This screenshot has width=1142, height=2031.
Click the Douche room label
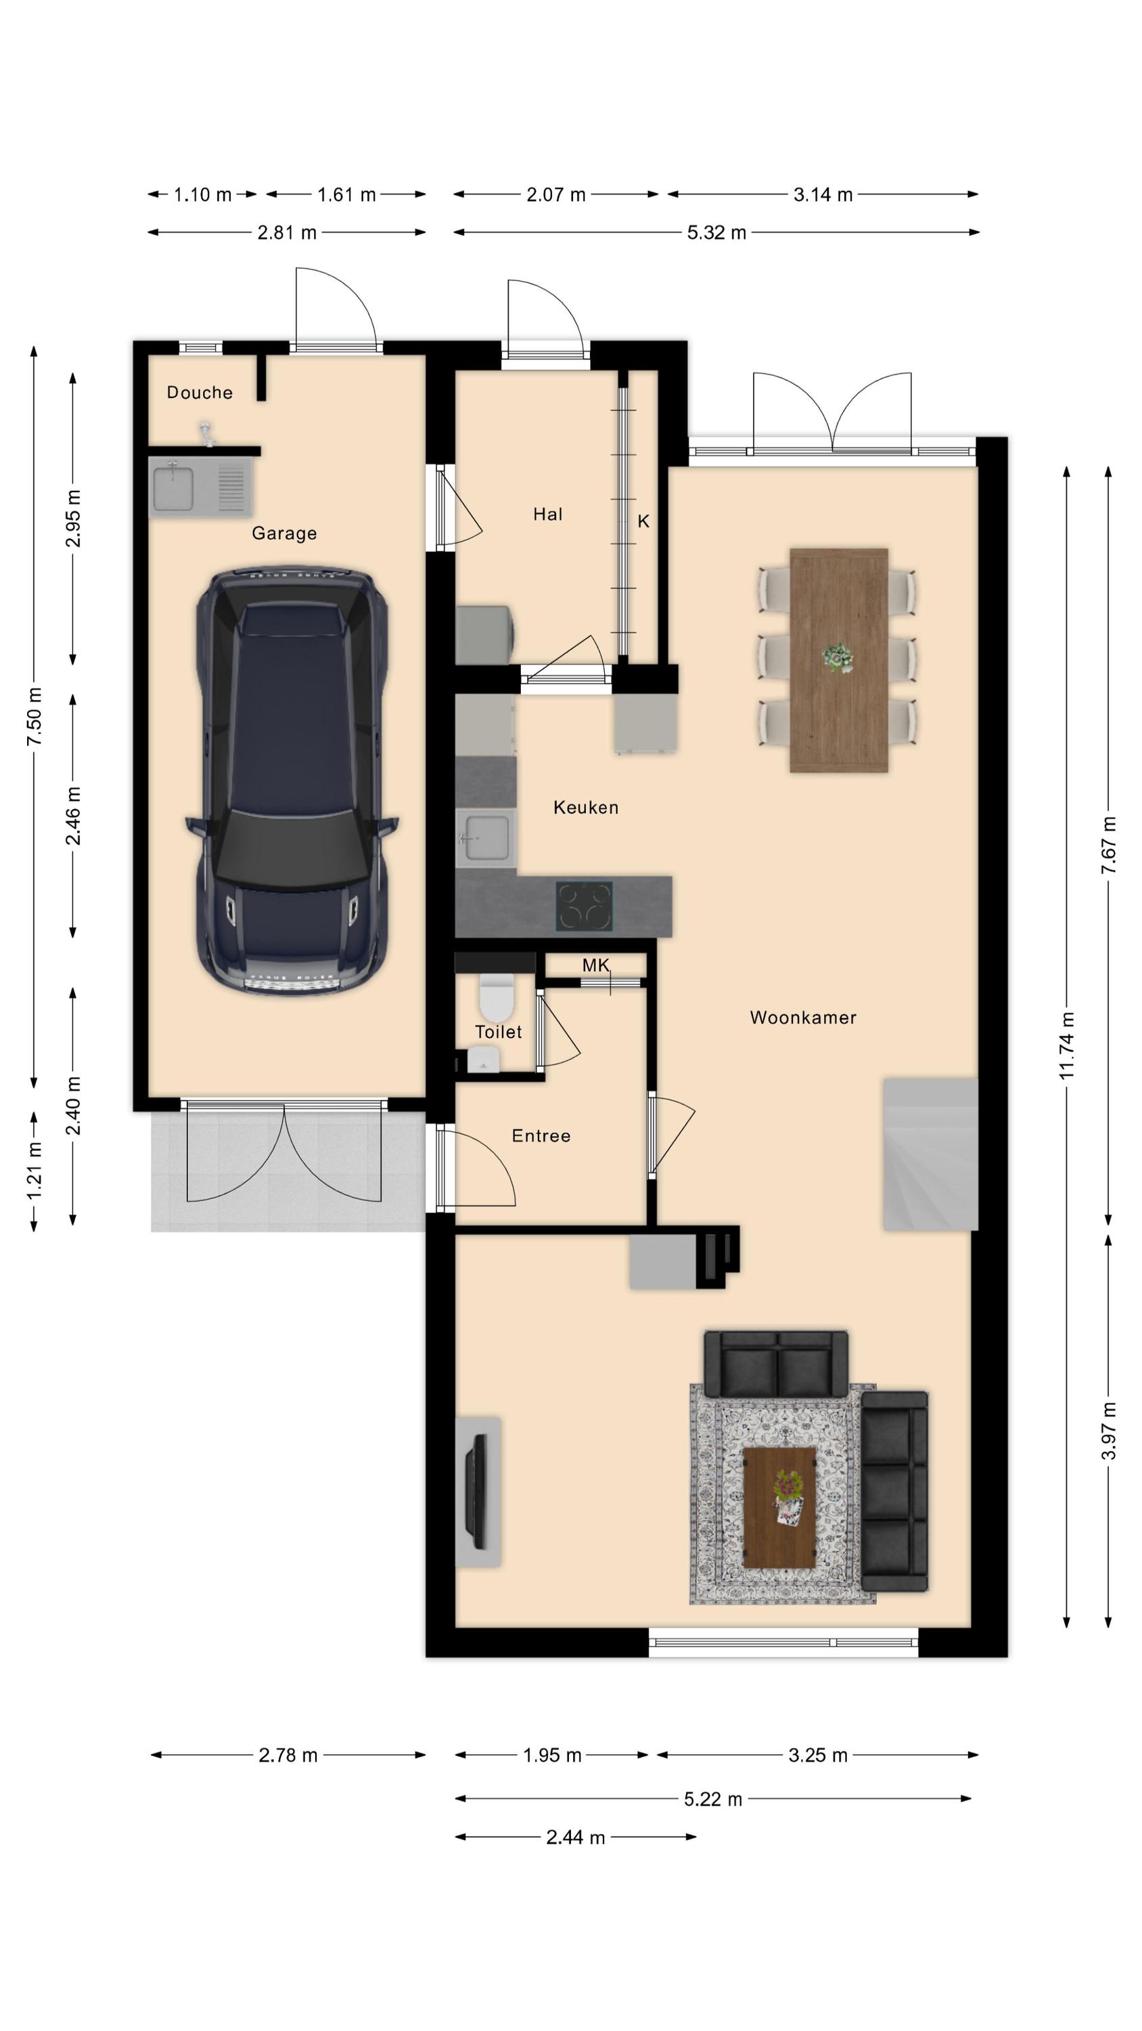(200, 392)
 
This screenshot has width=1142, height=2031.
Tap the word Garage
(285, 533)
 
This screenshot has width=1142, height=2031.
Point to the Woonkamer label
(803, 1017)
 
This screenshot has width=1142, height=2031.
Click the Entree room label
(541, 1135)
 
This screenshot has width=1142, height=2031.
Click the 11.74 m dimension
(1066, 1045)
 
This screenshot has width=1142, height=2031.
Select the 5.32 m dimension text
(716, 233)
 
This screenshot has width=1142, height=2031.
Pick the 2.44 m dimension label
(575, 1838)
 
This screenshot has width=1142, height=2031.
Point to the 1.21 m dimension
(34, 1171)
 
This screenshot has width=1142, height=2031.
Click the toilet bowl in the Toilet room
(497, 997)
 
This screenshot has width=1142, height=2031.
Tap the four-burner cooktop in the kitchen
(584, 905)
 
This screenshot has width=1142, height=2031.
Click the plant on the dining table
(837, 657)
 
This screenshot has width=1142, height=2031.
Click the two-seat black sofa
(776, 1365)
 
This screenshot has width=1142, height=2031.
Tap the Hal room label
(548, 514)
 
